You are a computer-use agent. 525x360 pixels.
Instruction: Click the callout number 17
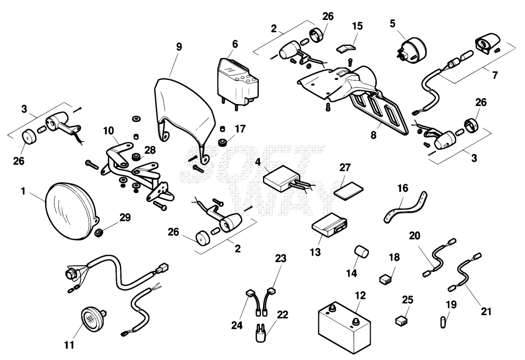pos(240,129)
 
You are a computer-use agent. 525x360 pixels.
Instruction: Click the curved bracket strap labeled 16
pos(405,208)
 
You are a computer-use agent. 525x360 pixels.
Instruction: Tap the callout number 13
pos(315,252)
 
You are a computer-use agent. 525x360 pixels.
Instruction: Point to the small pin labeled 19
pos(442,324)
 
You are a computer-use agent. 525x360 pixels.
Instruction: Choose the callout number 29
pos(125,217)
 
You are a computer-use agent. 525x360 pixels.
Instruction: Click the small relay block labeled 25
pos(401,321)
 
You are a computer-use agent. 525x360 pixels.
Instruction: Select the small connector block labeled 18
pos(386,279)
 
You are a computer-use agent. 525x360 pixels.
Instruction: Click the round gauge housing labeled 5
pos(412,50)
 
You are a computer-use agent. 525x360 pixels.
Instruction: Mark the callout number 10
pos(109,131)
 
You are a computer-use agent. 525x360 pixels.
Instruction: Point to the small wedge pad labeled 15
pos(345,48)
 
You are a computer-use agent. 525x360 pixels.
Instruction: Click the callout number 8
pos(373,135)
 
